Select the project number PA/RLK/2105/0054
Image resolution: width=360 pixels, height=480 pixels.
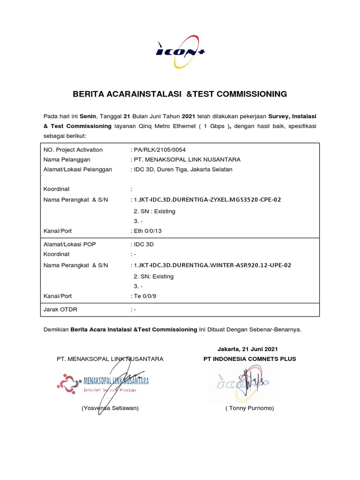coord(159,150)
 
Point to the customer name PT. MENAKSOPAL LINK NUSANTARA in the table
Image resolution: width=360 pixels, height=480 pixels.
coord(187,160)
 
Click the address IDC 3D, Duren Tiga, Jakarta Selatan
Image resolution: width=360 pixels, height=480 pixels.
coord(183,169)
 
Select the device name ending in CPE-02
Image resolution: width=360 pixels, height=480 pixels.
coord(207,200)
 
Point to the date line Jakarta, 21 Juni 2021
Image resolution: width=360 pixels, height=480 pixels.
coord(247,349)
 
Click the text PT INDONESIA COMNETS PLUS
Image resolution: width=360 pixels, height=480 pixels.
coord(249,359)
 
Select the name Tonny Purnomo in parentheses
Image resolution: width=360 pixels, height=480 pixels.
coord(249,408)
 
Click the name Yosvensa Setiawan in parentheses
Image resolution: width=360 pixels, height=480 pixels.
coord(110,408)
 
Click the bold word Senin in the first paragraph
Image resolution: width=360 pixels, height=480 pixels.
coord(88,115)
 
